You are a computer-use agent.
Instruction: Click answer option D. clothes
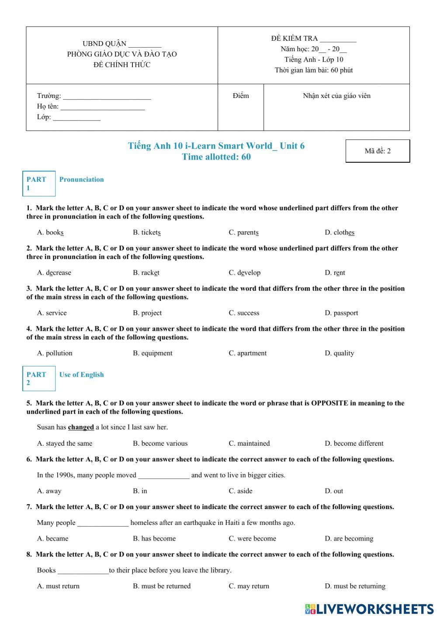tap(339, 233)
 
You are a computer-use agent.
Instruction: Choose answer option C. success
tap(244, 313)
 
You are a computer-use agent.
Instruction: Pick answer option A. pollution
tap(55, 353)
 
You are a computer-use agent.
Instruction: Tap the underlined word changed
tap(81, 427)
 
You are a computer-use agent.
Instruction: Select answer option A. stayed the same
tap(65, 443)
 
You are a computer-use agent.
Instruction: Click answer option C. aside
tap(240, 491)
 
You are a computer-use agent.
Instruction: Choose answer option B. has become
tap(154, 539)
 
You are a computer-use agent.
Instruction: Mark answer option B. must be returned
tap(162, 586)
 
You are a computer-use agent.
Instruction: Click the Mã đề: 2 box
tap(378, 151)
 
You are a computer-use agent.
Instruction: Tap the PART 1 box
tap(39, 184)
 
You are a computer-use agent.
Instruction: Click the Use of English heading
tap(81, 375)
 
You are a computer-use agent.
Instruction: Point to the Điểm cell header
tap(241, 96)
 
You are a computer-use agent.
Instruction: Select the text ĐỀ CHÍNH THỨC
tap(122, 65)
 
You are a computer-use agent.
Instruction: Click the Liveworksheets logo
tap(369, 609)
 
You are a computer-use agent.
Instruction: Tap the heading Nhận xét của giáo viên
tap(336, 96)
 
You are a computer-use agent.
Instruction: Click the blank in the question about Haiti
tap(103, 523)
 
